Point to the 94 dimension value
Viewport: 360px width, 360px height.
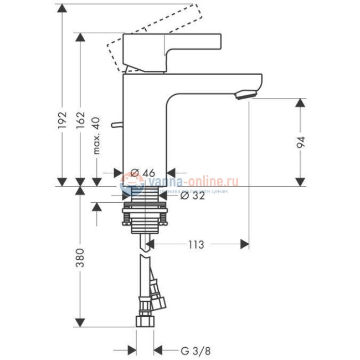(301, 142)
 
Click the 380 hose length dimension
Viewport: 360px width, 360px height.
(80, 258)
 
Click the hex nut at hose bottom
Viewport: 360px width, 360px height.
(145, 322)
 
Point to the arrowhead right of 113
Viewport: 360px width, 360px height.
(244, 244)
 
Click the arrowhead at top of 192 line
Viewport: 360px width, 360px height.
(63, 8)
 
